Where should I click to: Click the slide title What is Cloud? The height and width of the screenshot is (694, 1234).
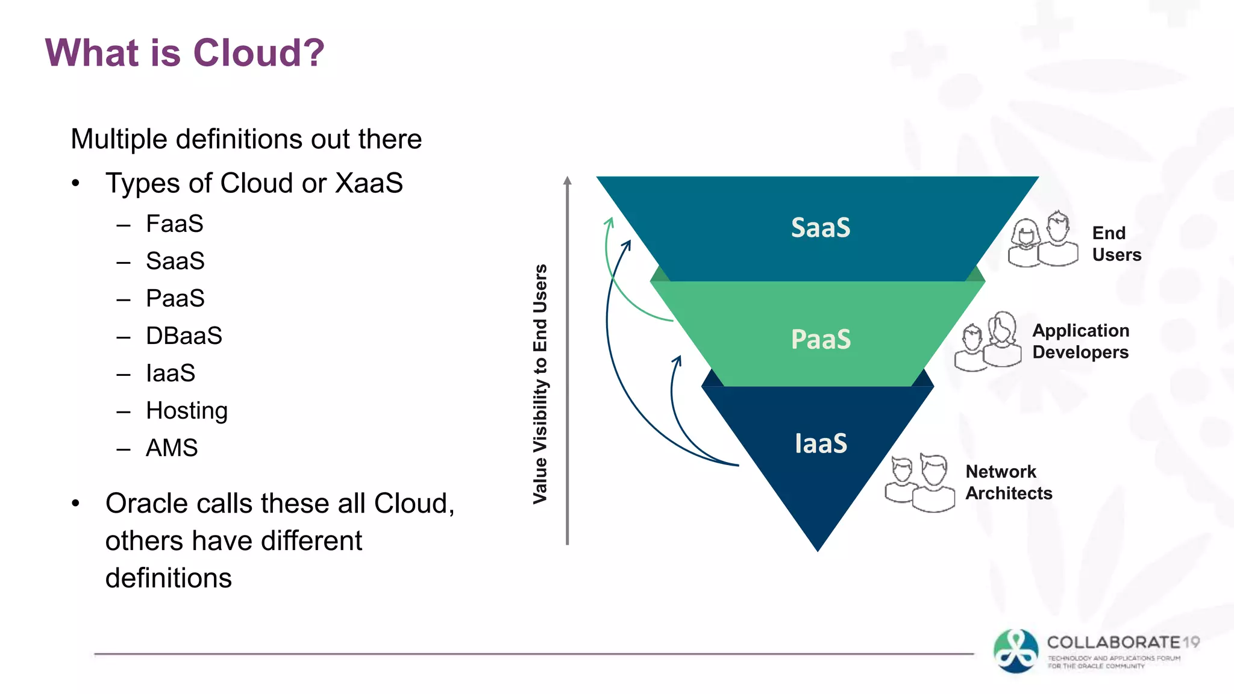click(x=184, y=52)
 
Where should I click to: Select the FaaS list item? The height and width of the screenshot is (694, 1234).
click(x=174, y=224)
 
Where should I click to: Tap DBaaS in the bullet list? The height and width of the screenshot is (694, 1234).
click(x=184, y=336)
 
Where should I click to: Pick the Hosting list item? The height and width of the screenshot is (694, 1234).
click(x=187, y=411)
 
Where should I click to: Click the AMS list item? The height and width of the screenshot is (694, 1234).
click(x=172, y=448)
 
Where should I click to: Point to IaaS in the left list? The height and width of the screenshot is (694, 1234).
click(x=171, y=374)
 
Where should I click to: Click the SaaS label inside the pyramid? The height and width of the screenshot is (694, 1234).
click(x=820, y=228)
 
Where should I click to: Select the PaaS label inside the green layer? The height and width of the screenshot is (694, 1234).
click(x=820, y=339)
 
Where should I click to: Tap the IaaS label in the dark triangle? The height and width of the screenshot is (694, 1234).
click(x=820, y=444)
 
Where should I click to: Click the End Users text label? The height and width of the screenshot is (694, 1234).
click(x=1116, y=244)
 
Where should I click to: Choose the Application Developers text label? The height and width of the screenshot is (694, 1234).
click(x=1080, y=342)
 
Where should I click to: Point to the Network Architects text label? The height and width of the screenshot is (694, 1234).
click(x=1009, y=483)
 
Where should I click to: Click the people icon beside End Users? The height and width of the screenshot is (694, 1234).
click(x=1043, y=239)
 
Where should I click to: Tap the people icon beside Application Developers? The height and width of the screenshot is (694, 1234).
click(x=988, y=342)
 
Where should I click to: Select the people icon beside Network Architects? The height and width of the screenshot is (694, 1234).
click(x=919, y=483)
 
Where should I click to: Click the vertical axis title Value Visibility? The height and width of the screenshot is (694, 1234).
click(x=540, y=384)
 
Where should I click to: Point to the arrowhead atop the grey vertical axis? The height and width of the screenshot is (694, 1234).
click(x=567, y=180)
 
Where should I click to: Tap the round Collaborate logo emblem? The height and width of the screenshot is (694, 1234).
click(x=1016, y=651)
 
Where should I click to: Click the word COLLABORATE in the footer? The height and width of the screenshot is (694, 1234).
click(x=1113, y=642)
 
